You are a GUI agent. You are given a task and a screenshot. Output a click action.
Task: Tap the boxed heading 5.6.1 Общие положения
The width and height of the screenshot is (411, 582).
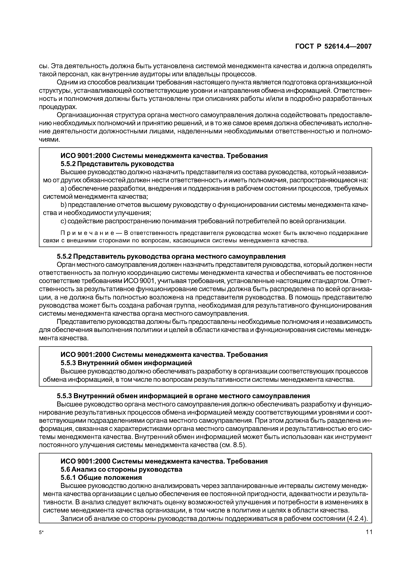click(x=101, y=478)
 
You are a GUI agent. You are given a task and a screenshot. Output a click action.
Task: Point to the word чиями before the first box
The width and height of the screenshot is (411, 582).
click(x=49, y=140)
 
